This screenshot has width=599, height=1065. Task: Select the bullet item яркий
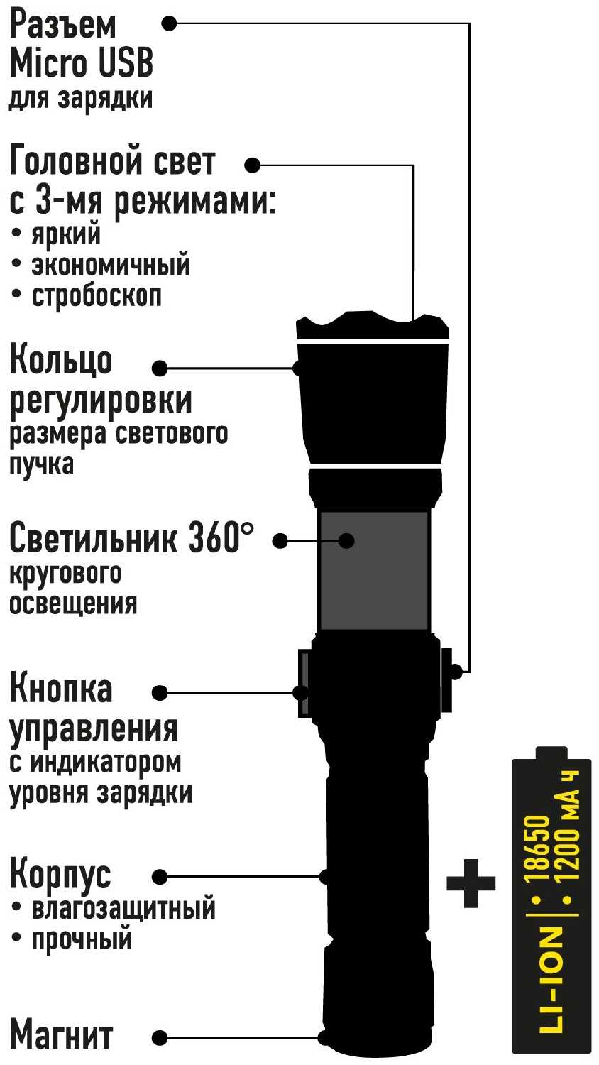click(x=66, y=234)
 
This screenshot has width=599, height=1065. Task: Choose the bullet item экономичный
click(x=111, y=265)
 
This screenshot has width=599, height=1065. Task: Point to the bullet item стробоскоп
click(x=97, y=296)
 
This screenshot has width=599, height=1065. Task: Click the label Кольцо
click(x=61, y=360)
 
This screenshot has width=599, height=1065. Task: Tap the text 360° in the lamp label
click(x=221, y=537)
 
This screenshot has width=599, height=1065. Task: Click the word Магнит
click(x=61, y=1035)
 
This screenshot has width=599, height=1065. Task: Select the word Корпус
click(x=60, y=875)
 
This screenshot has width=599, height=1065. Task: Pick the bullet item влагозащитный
click(x=123, y=909)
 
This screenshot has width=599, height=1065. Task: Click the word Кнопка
click(x=61, y=688)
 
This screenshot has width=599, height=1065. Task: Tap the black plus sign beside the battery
click(x=471, y=883)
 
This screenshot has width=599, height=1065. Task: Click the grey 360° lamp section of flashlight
click(x=374, y=569)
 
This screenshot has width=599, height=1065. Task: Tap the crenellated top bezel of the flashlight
click(x=372, y=325)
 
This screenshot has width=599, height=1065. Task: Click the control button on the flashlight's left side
click(x=304, y=683)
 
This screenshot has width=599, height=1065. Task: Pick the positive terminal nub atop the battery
click(x=551, y=754)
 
